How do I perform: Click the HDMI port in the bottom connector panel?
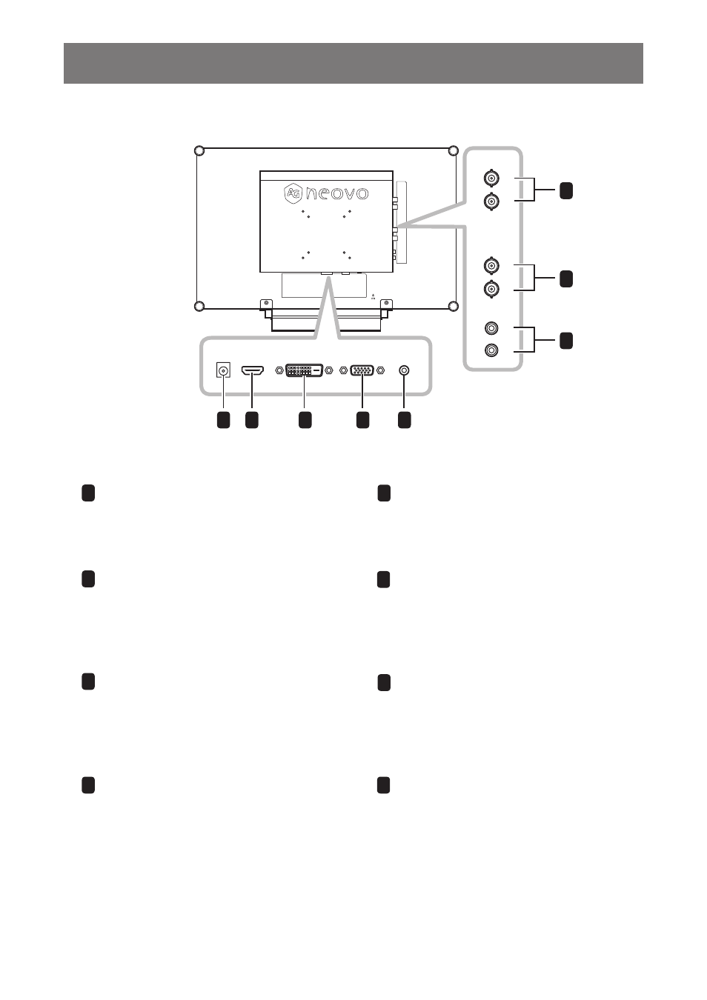[x=252, y=370]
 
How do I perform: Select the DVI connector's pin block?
[x=304, y=370]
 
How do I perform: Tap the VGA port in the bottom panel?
[x=362, y=370]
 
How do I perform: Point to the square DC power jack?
[x=223, y=370]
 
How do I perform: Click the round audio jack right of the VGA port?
[x=404, y=370]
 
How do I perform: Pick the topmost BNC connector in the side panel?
[x=491, y=178]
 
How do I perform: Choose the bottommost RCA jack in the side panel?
[x=491, y=350]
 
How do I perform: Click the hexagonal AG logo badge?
[x=293, y=193]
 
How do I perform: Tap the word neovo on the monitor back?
[x=337, y=193]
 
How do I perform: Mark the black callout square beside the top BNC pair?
[x=566, y=190]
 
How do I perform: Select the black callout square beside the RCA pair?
[x=566, y=340]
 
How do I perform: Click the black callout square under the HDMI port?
[x=252, y=420]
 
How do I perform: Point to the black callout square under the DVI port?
[x=305, y=420]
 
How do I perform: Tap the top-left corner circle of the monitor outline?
[x=200, y=151]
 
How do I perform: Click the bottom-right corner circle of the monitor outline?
[x=453, y=306]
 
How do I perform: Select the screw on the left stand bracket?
[x=267, y=303]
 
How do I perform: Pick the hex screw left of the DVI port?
[x=279, y=370]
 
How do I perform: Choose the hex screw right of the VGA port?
[x=380, y=370]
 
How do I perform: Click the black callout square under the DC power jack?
[x=223, y=420]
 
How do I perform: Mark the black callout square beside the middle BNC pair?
[x=566, y=279]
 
